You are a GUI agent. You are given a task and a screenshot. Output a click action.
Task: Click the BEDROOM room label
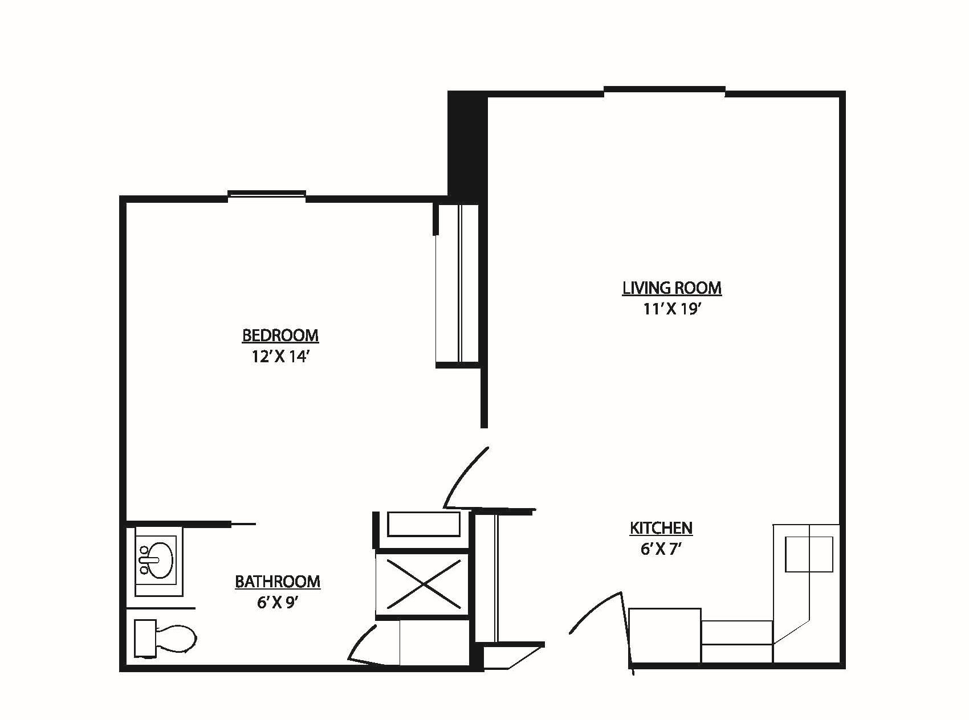coord(280,336)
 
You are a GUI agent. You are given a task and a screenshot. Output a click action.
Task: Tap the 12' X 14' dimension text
coord(280,357)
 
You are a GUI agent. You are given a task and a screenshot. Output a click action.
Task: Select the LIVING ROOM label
coord(672,288)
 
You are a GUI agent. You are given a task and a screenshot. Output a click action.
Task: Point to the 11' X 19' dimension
coord(671,309)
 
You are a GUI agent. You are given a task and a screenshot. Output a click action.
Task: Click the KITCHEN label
coord(661,529)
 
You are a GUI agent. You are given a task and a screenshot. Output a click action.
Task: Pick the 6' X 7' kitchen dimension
coord(661,550)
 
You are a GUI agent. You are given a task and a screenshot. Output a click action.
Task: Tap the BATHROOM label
coord(278,582)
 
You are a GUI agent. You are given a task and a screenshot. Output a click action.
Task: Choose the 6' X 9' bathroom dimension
coord(278,603)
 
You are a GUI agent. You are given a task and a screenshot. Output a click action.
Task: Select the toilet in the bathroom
coord(165,637)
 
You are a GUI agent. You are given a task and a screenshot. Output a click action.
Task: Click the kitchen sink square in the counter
coord(809,554)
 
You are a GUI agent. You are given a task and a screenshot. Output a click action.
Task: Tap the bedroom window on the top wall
coord(267,195)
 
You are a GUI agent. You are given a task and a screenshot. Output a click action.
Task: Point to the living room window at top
coord(665,89)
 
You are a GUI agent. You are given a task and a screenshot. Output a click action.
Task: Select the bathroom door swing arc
coord(360,643)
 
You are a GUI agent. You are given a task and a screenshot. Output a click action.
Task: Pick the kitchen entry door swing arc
coord(596,607)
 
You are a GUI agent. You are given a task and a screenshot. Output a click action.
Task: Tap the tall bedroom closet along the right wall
coord(457,284)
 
